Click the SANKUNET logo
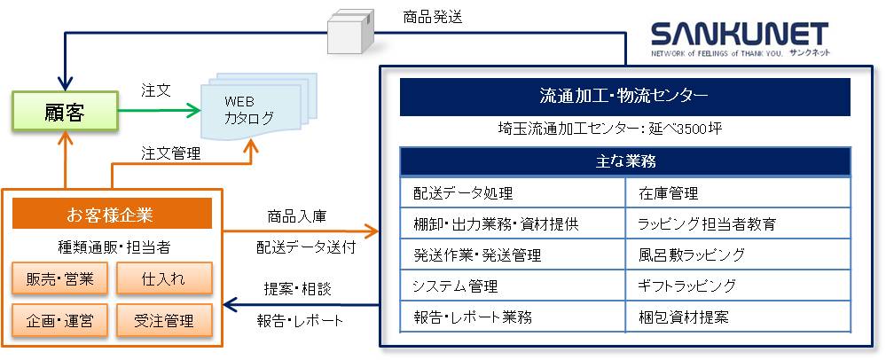click(741, 39)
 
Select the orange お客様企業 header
click(112, 214)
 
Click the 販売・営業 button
click(59, 278)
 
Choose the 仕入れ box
click(164, 278)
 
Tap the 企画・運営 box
click(59, 320)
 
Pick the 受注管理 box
click(164, 320)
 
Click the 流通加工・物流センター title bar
click(624, 97)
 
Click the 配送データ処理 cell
click(513, 193)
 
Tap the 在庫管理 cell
click(738, 193)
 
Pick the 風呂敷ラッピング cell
click(738, 254)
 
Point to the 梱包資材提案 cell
click(738, 317)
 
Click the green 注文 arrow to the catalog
click(160, 111)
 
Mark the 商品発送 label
click(433, 18)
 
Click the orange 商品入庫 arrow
click(302, 231)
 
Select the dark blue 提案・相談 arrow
click(302, 305)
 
